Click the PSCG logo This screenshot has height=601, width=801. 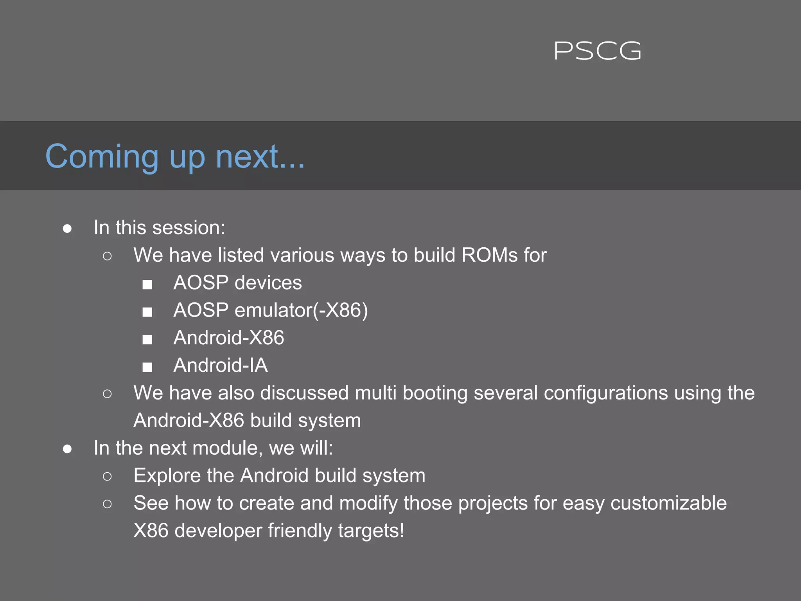coord(597,51)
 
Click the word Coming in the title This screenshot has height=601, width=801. coord(102,157)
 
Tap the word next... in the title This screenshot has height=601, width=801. coord(260,157)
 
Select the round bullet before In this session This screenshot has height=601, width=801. coord(67,229)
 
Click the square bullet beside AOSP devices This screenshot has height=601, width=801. coord(147,284)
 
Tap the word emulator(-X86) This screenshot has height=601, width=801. coord(301,311)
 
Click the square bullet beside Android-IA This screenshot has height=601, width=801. coord(147,367)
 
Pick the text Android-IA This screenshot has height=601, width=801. coord(221,365)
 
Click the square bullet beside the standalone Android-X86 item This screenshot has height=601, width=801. coord(147,339)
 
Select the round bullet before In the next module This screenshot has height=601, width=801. coord(67,449)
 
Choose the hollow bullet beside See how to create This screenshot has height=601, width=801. coord(107,504)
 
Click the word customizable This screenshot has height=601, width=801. coord(668,503)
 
